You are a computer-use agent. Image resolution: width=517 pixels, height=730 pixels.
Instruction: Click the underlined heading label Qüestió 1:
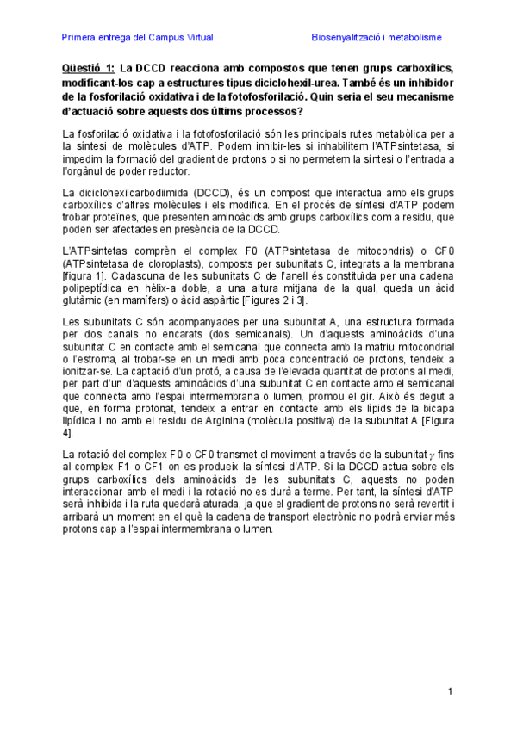pos(88,68)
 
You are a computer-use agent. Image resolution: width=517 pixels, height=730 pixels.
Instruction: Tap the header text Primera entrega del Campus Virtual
pos(138,38)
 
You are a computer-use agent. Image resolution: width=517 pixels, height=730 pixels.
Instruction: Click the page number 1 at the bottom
pos(450,691)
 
